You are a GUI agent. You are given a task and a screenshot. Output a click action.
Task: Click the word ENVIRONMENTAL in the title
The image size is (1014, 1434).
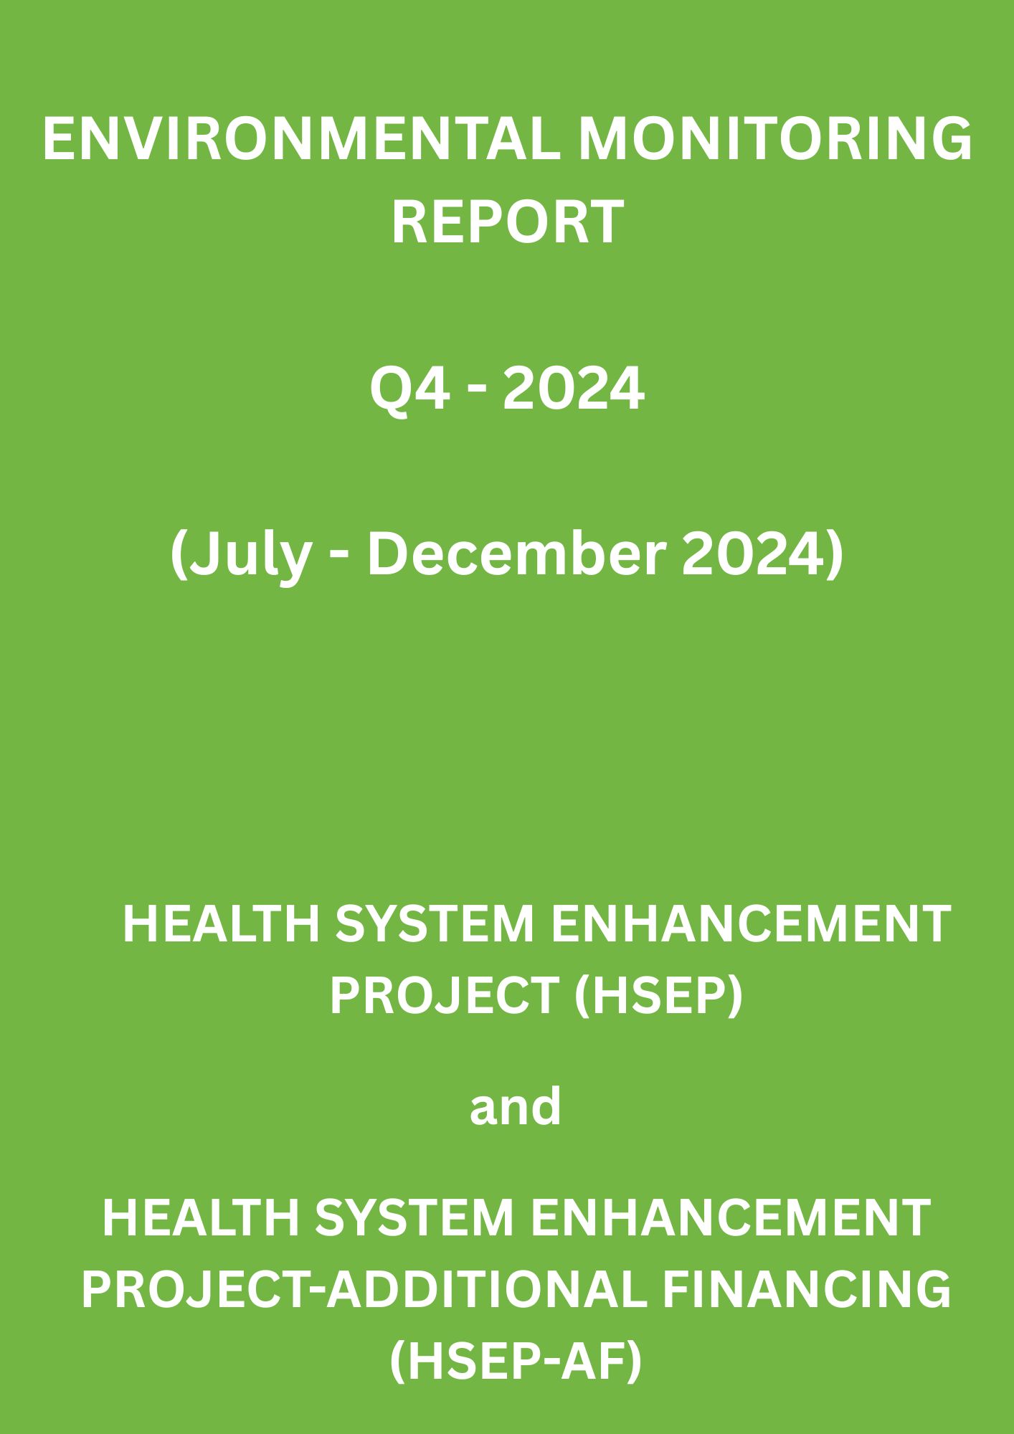coord(301,140)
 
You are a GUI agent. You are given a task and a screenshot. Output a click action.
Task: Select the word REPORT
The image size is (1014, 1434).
coord(507,222)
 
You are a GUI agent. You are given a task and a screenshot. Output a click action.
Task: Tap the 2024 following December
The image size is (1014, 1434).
coord(759,555)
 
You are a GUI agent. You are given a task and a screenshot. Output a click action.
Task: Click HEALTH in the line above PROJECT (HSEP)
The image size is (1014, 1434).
coord(221,924)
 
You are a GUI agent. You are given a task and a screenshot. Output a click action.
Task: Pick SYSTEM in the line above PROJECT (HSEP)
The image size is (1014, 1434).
coord(435,924)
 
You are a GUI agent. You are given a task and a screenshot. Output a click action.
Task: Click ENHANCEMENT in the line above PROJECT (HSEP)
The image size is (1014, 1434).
coord(751,924)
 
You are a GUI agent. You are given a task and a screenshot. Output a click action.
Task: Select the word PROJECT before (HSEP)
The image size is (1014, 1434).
coord(445,997)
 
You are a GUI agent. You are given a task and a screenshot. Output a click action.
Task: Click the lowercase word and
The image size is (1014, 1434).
coord(515,1106)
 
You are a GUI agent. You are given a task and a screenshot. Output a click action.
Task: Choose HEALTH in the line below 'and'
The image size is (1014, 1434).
coord(201,1217)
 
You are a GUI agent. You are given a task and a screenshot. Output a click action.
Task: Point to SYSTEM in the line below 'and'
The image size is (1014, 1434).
coord(414,1217)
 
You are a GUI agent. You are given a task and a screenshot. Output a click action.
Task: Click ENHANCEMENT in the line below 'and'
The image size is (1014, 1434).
coord(731,1217)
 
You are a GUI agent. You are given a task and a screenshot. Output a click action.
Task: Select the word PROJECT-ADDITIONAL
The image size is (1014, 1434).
coord(364,1290)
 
